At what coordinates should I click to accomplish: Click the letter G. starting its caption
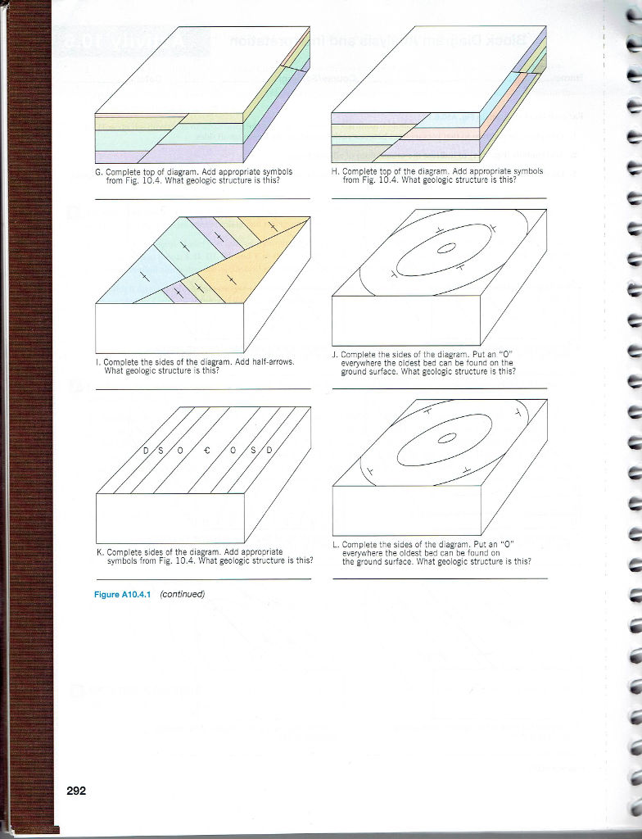pos(99,172)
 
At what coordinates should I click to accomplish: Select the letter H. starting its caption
pos(336,171)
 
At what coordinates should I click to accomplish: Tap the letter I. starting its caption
pos(97,361)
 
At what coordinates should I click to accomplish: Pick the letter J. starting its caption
pos(336,355)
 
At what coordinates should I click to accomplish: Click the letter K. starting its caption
pos(99,552)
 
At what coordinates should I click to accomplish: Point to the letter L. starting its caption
pos(336,544)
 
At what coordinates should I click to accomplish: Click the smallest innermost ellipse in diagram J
pos(448,250)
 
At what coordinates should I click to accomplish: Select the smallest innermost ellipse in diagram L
pos(448,438)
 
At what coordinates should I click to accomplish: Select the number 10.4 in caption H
pos(387,179)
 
